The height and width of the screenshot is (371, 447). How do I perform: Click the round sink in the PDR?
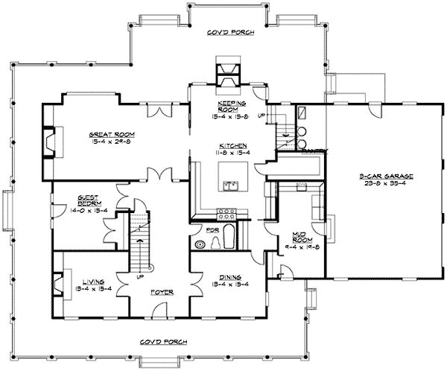[199, 244]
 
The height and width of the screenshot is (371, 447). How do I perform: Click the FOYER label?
[162, 292]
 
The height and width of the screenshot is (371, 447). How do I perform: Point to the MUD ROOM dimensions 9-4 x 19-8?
[302, 247]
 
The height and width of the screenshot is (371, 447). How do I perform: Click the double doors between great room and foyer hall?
[157, 174]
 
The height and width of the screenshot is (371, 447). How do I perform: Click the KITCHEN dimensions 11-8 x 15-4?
[228, 152]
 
